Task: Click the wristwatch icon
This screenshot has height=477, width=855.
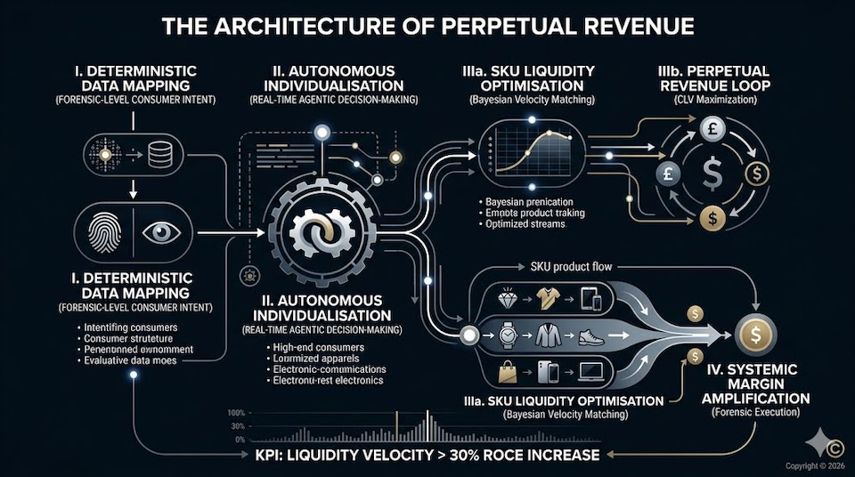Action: pos(508,336)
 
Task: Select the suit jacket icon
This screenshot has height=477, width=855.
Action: pos(548,336)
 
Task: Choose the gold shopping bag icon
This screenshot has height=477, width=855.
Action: pos(507,372)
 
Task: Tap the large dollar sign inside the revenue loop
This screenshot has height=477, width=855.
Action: pos(712,172)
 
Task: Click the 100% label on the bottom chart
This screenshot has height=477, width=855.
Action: pos(236,413)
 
